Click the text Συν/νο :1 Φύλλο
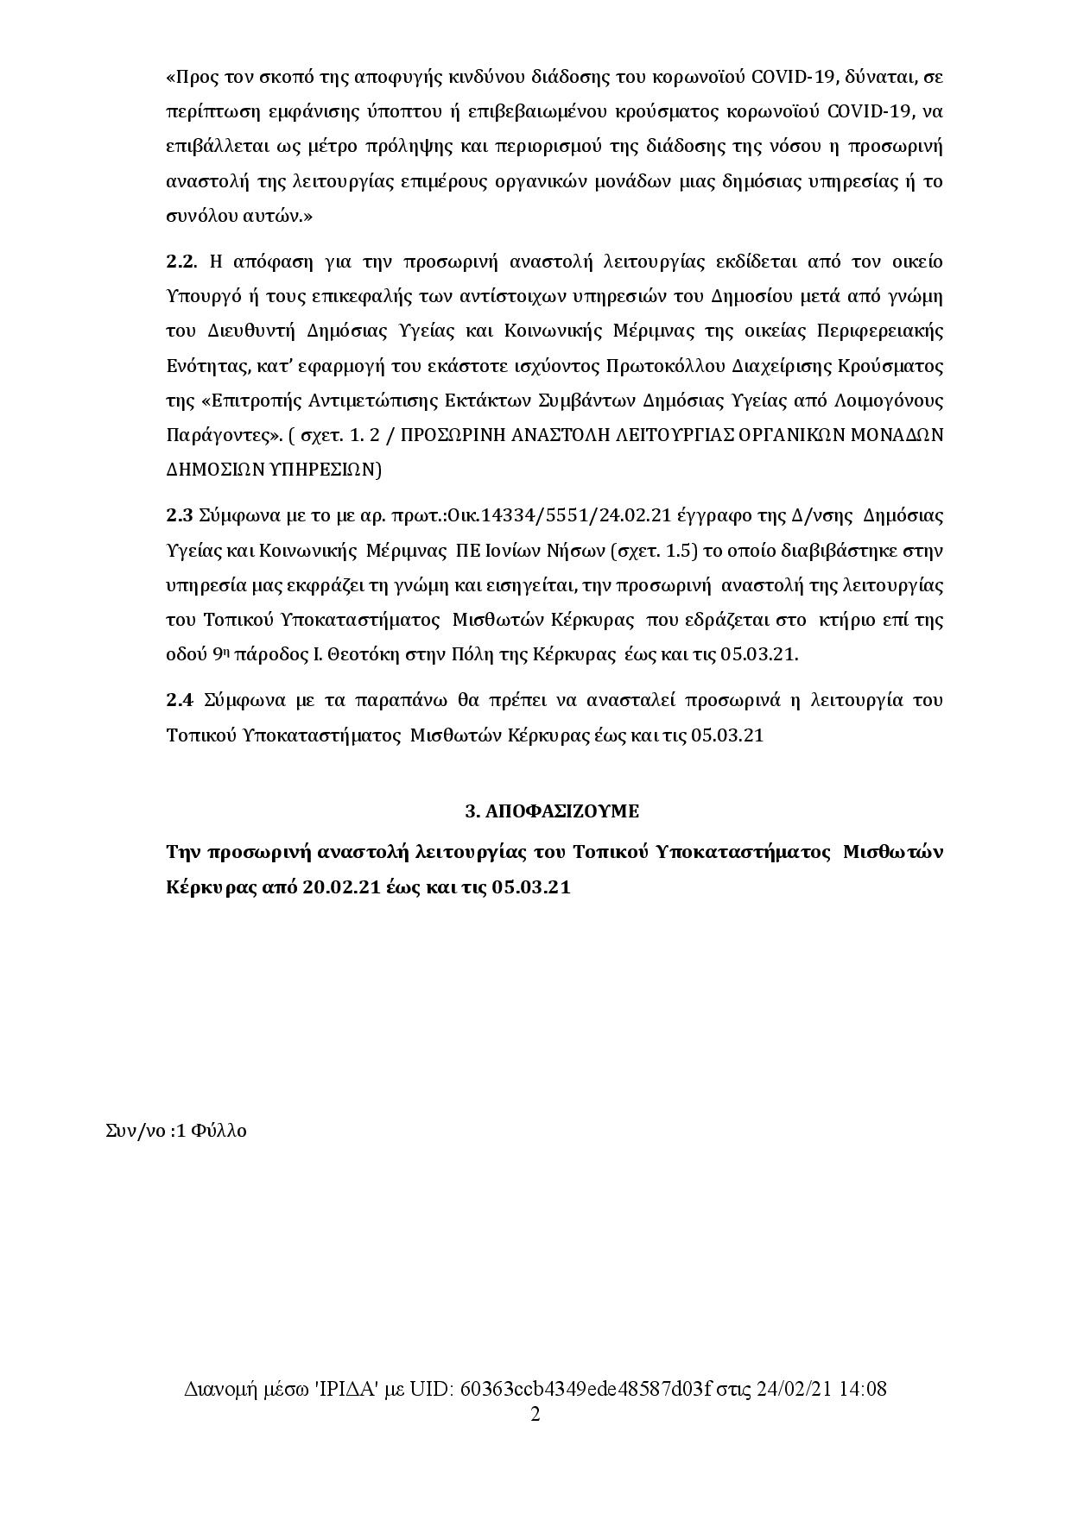175,1130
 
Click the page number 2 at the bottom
535,1414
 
